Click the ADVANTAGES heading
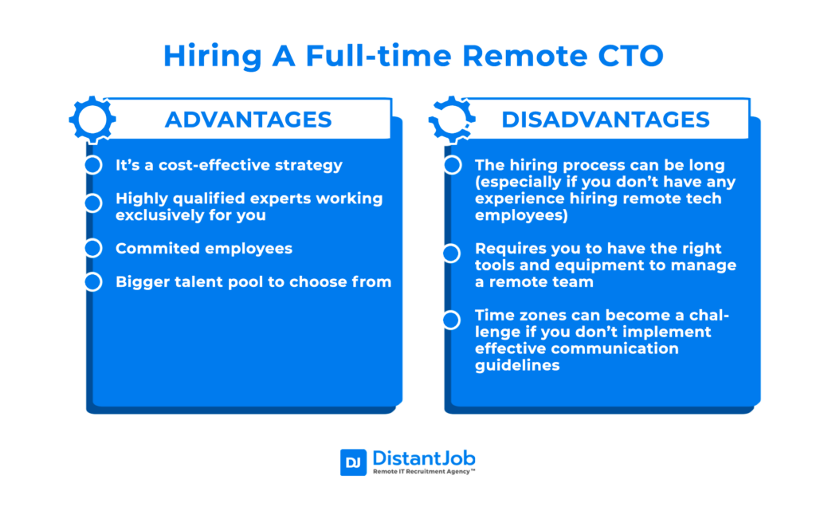point(248,120)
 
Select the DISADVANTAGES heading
point(606,120)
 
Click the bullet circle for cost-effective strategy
point(93,165)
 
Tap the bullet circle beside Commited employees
point(93,248)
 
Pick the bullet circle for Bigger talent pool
point(93,281)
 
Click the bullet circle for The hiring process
point(452,165)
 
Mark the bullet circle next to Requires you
point(452,253)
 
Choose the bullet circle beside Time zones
point(452,320)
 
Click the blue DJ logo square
point(353,462)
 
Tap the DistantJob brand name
point(423,458)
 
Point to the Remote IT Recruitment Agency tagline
point(424,472)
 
